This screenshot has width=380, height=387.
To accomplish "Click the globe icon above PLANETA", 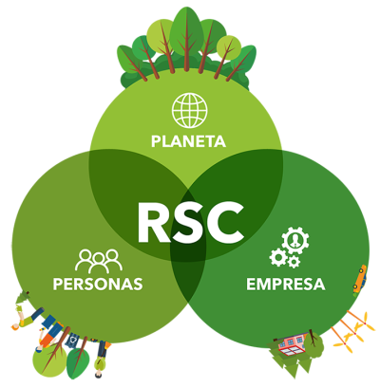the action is (190, 110).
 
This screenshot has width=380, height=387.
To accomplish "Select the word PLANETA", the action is (188, 141).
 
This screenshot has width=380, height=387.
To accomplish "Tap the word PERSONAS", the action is (98, 284).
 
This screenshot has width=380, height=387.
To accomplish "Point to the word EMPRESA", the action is (286, 284).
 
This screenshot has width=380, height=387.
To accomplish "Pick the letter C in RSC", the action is (225, 223).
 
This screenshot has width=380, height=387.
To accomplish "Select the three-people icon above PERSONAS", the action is (99, 261).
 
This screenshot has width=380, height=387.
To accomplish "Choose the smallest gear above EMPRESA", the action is (294, 262).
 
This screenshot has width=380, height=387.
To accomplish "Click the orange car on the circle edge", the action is (360, 278).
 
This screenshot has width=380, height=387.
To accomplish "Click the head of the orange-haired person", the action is (15, 326).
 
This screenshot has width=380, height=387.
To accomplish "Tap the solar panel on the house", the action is (291, 350).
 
